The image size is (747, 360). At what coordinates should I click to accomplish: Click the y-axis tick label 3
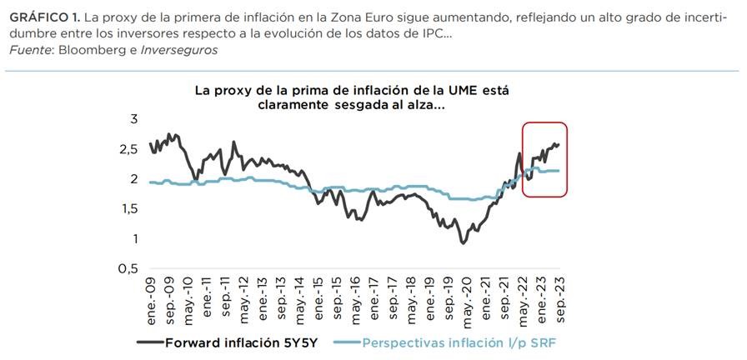click(x=132, y=119)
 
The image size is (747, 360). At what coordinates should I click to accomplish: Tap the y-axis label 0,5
click(x=127, y=269)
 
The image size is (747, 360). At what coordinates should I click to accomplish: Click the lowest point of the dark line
click(x=464, y=242)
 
